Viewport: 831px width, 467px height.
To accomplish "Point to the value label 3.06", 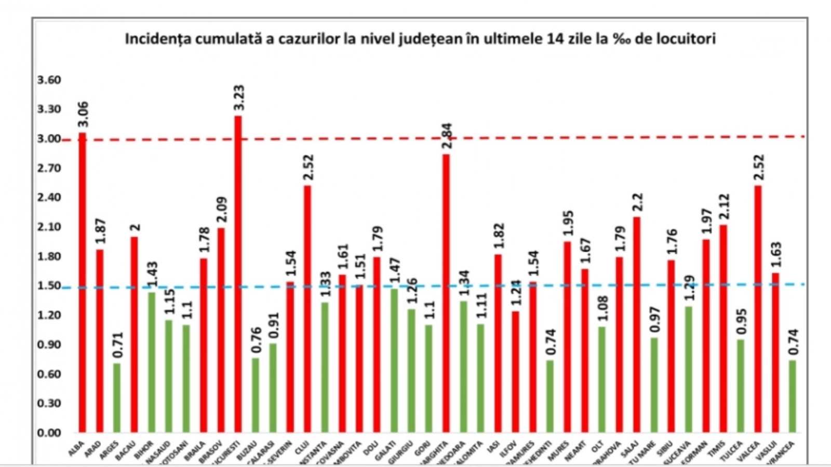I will point(83,114).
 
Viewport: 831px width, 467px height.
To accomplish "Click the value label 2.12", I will point(724,207).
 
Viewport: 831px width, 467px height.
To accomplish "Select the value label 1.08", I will point(602,308).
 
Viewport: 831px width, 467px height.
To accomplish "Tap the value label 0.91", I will point(274,325).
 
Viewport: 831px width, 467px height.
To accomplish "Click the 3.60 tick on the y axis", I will point(49,80).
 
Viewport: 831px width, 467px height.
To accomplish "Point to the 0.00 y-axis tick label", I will point(49,433).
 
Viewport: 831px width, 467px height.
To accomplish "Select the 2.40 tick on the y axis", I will point(49,197).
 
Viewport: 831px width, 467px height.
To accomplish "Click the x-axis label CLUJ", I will point(302,447).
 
